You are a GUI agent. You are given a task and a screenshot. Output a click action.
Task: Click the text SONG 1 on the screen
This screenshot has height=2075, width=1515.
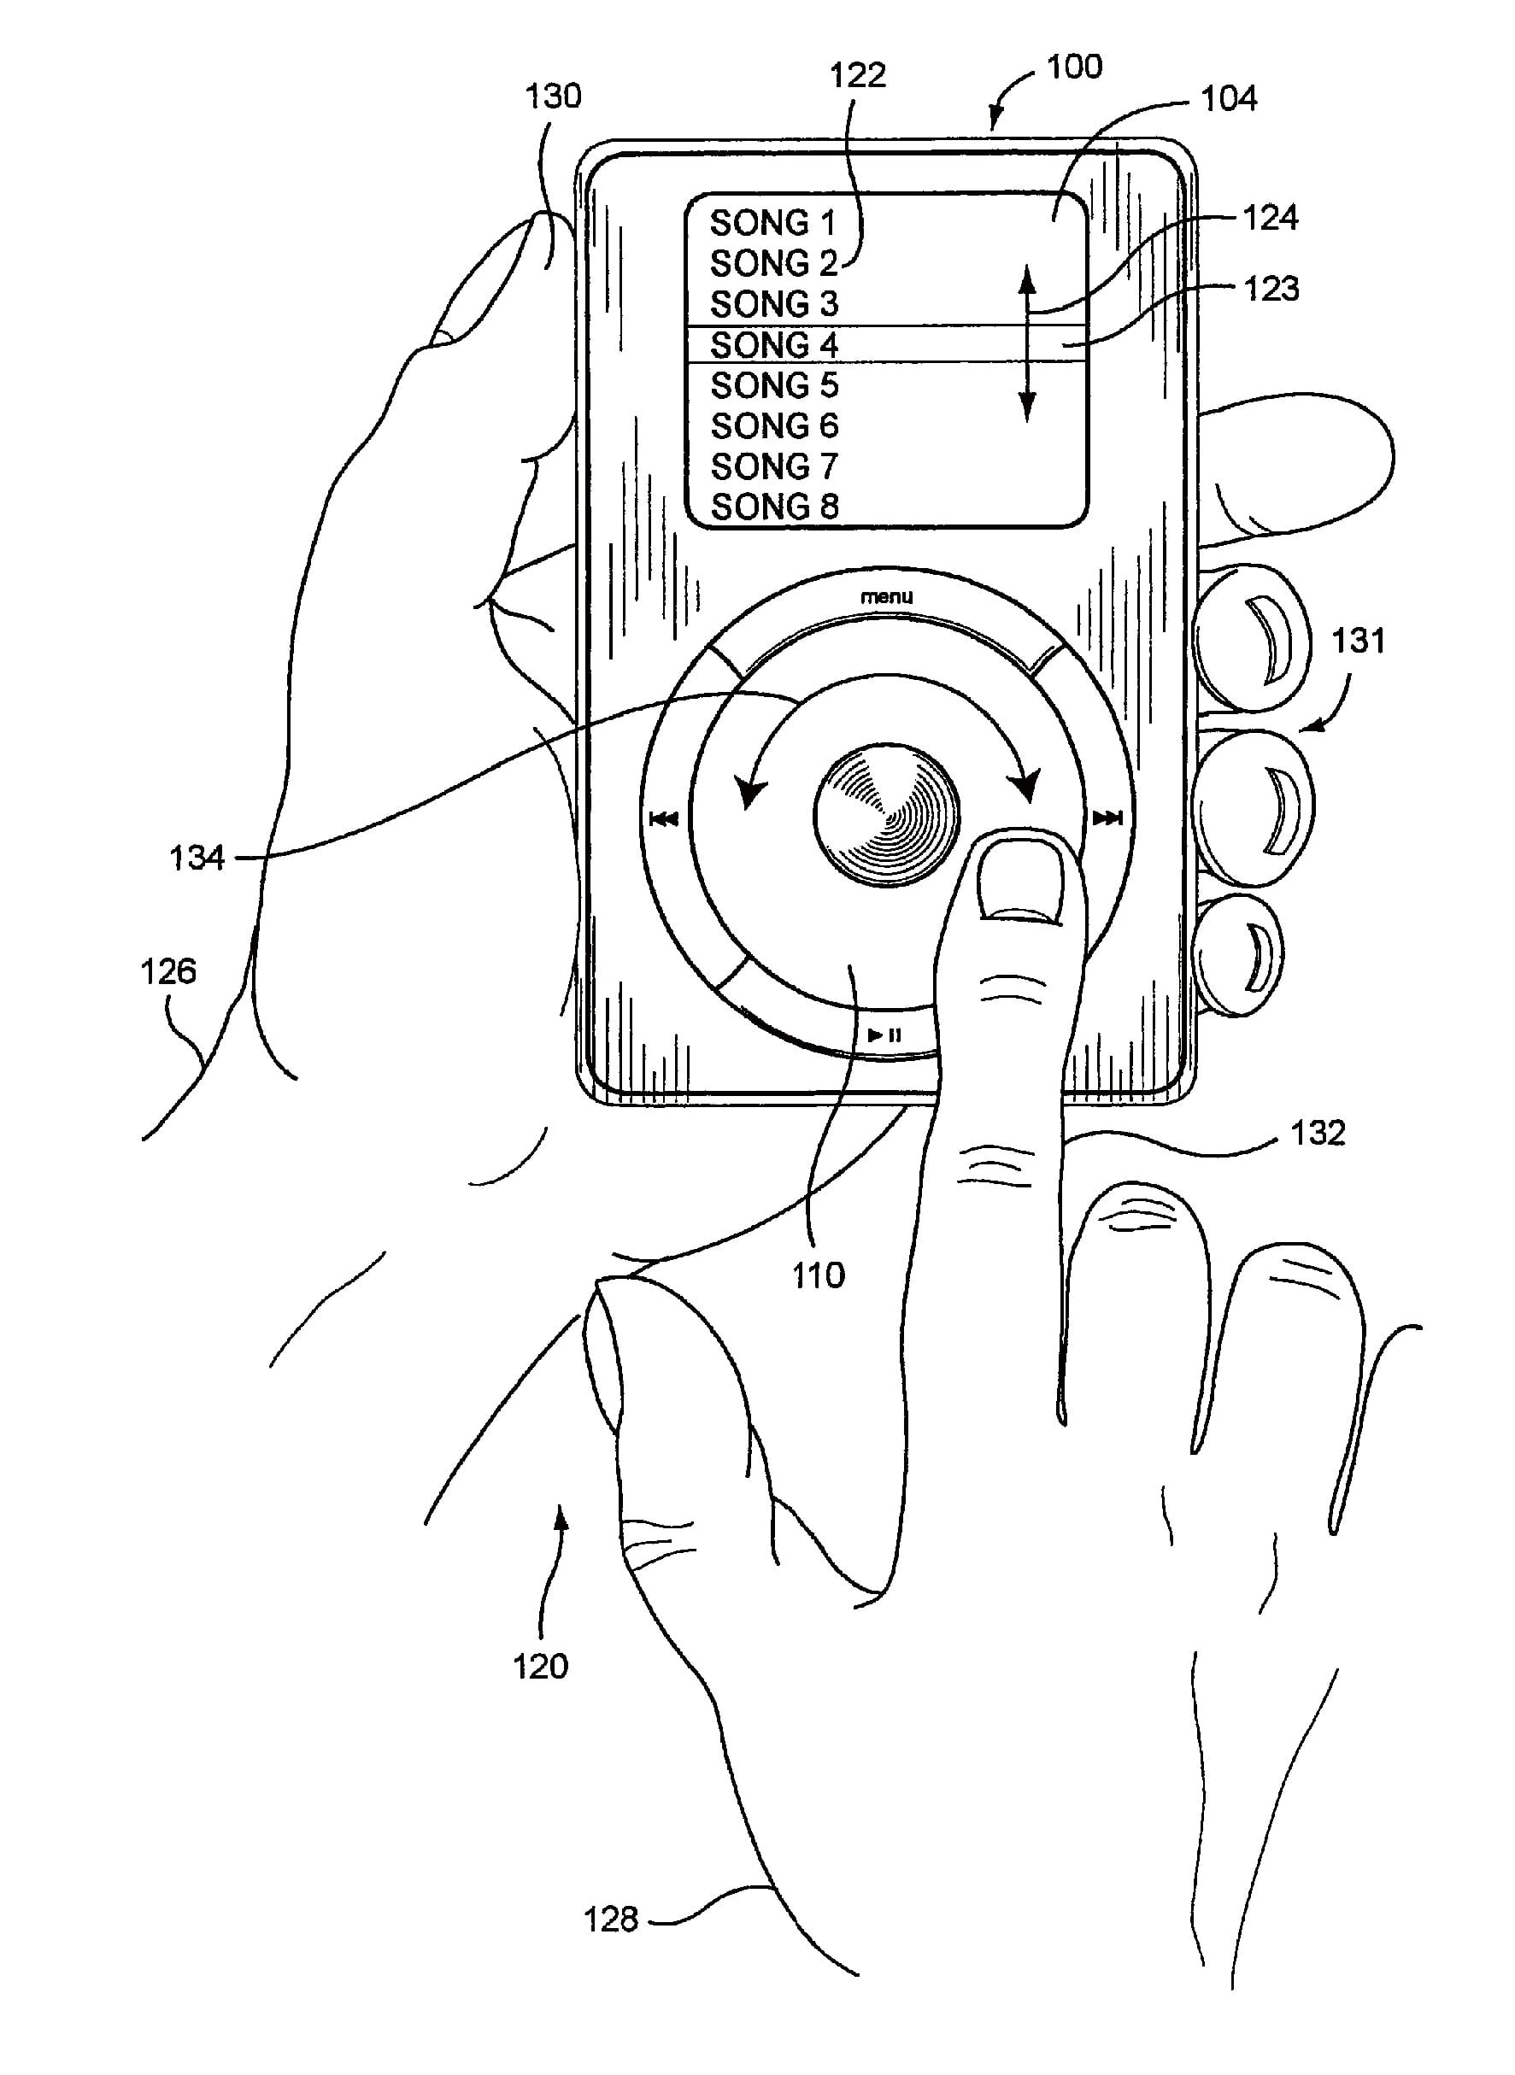[x=772, y=223]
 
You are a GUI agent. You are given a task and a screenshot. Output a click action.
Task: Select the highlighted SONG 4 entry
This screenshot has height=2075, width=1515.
[x=774, y=345]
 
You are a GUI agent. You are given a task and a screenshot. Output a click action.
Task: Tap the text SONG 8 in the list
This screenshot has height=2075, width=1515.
[x=775, y=506]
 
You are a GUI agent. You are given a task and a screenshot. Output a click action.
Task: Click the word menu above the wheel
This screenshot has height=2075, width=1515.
[x=886, y=597]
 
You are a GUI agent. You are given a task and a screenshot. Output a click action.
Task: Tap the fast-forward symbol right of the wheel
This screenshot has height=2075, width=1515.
[x=1107, y=818]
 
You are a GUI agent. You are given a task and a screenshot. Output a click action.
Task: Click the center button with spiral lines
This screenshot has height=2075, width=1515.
[x=886, y=814]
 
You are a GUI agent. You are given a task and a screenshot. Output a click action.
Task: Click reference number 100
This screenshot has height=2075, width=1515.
[x=1074, y=67]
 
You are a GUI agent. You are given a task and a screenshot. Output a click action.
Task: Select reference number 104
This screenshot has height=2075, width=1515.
[x=1229, y=99]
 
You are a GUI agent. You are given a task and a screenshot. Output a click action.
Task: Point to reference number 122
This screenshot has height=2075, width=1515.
[x=857, y=75]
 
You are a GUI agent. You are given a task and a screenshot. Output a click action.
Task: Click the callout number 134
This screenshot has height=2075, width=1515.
[x=197, y=859]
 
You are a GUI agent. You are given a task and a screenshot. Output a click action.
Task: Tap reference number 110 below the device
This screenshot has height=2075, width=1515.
[x=818, y=1275]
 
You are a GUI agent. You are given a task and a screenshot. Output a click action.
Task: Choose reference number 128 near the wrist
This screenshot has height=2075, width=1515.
[x=611, y=1920]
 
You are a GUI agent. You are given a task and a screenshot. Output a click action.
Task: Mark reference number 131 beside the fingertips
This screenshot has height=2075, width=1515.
[x=1357, y=640]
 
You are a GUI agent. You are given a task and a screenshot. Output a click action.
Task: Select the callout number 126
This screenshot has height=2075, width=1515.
[x=167, y=971]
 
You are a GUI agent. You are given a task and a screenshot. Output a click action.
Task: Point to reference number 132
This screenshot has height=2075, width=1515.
[x=1318, y=1134]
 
